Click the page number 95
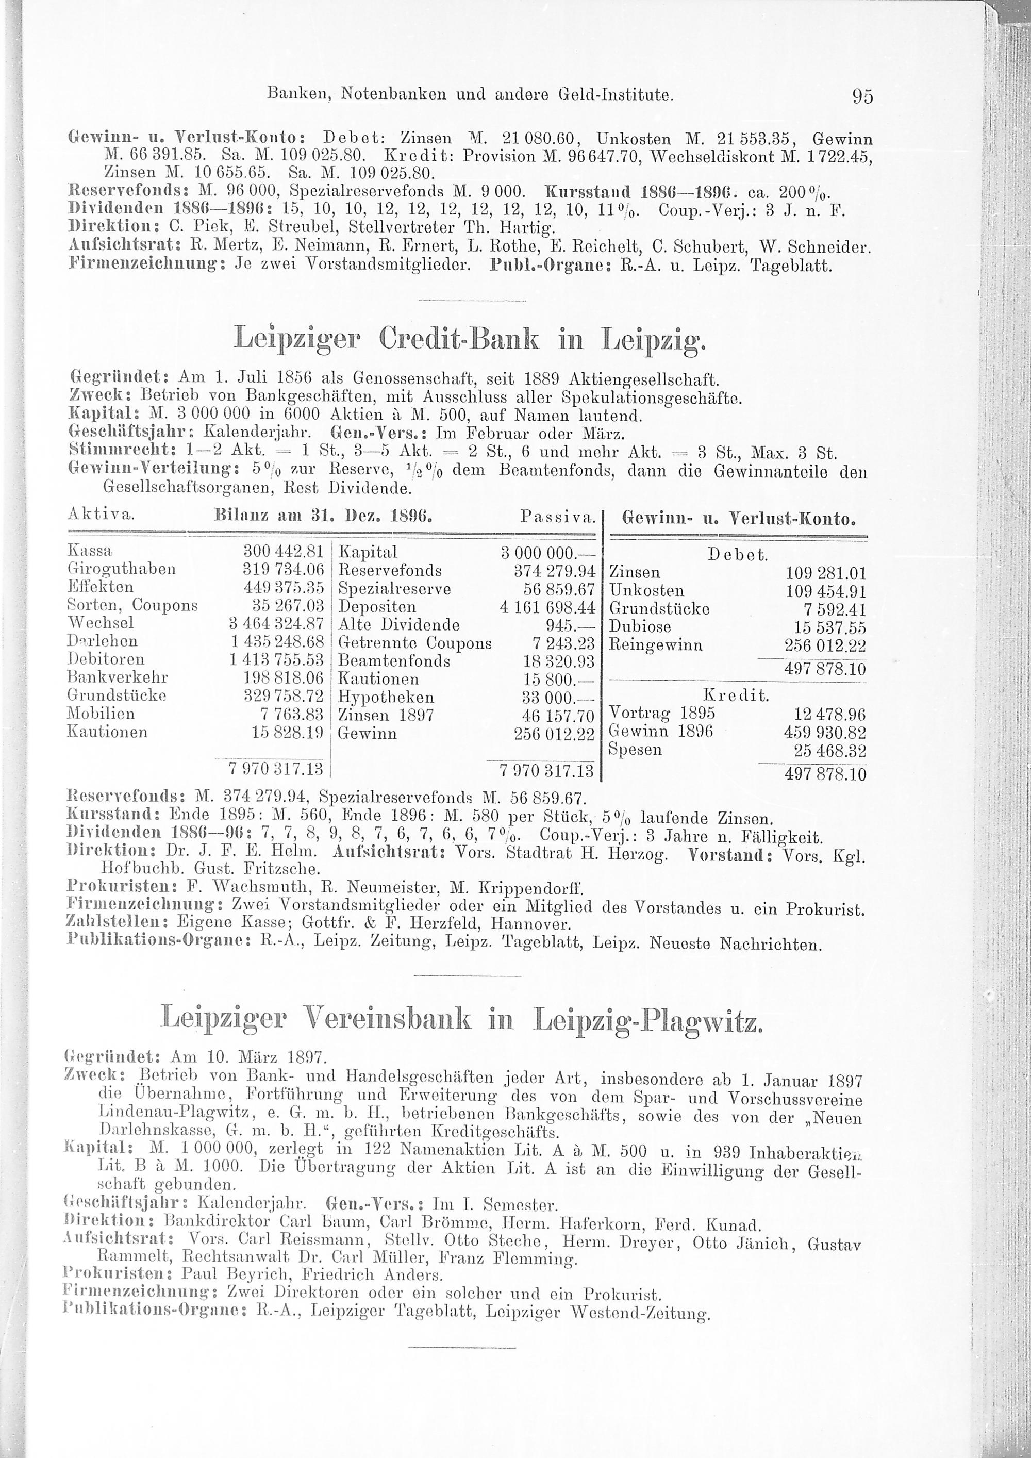pyautogui.click(x=863, y=96)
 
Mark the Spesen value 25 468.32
pyautogui.click(x=830, y=751)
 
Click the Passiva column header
pyautogui.click(x=557, y=517)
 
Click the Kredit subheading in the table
pyautogui.click(x=737, y=696)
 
